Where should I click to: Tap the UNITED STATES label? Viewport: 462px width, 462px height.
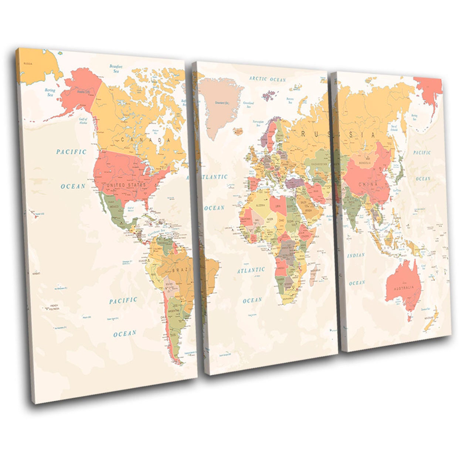coord(126,184)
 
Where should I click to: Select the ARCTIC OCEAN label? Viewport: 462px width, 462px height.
coord(267,79)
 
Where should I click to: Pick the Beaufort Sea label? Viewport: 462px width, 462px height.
coord(116,68)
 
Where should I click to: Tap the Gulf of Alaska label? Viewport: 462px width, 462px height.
coord(83,120)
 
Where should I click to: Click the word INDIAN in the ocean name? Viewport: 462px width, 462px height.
coord(356,255)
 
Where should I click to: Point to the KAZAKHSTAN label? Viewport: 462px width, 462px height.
coord(319,164)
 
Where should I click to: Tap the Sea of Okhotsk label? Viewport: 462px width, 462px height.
coord(394,128)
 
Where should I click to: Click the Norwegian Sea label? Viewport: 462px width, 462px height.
coord(258,123)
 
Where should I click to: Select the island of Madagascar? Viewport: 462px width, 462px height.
coord(315,275)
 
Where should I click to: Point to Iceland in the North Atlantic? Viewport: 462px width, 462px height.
coord(238,131)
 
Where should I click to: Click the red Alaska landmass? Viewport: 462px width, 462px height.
coord(81,92)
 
